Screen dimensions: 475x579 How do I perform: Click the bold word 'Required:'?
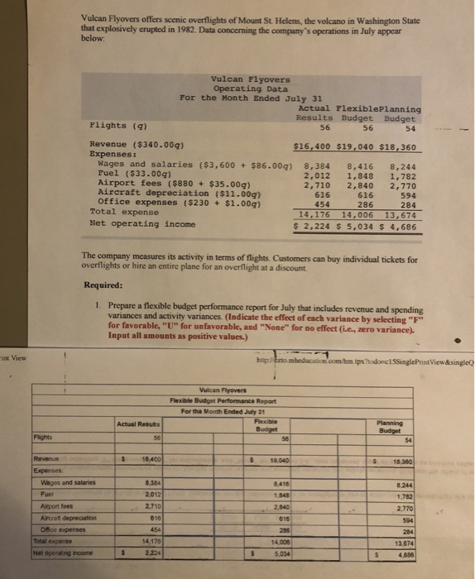tap(103, 285)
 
